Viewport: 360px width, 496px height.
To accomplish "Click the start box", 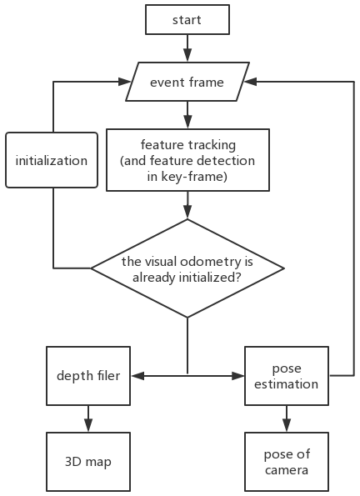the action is point(187,20).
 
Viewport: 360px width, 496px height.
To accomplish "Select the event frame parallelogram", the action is point(187,82).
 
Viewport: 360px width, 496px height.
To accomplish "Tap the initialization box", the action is point(52,160).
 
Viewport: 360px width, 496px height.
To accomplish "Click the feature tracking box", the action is point(187,160).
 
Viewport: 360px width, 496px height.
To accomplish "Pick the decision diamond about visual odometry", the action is point(187,268).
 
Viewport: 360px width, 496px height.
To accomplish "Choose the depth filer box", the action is point(88,376).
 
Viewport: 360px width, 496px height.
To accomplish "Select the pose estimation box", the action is point(287,376).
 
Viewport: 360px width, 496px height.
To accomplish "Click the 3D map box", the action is point(88,462).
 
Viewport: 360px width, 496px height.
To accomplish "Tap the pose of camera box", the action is point(287,462).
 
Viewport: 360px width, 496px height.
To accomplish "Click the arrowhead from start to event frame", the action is point(187,55).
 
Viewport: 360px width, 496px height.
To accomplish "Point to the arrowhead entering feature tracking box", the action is point(187,122).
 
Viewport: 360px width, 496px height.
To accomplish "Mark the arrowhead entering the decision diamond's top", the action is point(187,213).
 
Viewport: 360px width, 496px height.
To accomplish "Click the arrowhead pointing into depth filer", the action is point(137,376).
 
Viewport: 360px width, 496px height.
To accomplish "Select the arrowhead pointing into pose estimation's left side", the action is point(237,376).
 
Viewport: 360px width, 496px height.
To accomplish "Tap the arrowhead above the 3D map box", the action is point(88,425).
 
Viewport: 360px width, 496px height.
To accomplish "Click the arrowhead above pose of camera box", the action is point(287,425).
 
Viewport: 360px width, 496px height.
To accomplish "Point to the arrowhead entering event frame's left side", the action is point(124,82).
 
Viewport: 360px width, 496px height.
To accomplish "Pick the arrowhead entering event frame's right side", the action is point(250,82).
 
